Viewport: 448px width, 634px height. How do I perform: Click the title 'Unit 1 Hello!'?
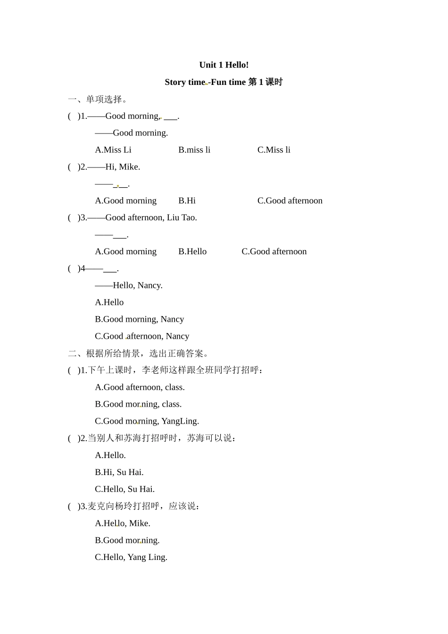(224, 65)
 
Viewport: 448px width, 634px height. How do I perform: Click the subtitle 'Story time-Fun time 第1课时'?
(224, 82)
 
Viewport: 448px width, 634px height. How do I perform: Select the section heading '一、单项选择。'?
(98, 100)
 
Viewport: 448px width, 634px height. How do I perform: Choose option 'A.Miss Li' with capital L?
(113, 150)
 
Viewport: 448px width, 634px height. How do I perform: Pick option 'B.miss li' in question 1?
(194, 150)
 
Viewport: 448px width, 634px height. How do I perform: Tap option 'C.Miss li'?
(274, 150)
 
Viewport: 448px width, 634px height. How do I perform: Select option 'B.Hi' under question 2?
(187, 201)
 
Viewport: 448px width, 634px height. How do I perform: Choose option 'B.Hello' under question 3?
(192, 252)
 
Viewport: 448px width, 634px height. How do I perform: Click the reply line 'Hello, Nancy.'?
(137, 285)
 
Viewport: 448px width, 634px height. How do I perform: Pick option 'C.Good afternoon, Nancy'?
(142, 336)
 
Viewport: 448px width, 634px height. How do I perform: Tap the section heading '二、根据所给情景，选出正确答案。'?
(138, 353)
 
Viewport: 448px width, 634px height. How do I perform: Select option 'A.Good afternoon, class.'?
(140, 387)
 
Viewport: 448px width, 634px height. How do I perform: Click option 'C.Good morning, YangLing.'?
(147, 421)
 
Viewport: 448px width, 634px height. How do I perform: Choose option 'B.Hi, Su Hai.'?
(119, 472)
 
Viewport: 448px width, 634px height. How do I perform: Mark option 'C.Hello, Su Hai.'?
(124, 489)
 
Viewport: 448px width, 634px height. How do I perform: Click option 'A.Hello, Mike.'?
(123, 523)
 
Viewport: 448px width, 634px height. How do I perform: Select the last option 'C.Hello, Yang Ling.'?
(131, 557)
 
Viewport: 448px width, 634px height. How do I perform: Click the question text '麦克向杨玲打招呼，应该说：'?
(143, 506)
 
